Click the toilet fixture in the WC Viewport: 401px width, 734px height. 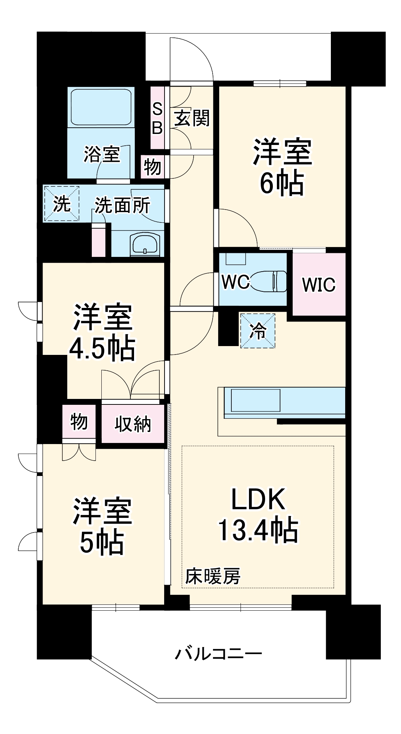(x=270, y=281)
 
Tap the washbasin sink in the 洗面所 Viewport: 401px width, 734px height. (x=145, y=244)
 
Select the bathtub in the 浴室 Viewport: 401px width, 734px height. (x=101, y=107)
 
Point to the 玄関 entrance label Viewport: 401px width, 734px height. (x=192, y=118)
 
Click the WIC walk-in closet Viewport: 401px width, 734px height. (x=319, y=284)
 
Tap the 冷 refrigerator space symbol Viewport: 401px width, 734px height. (x=258, y=331)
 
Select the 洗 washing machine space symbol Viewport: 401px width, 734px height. (x=62, y=204)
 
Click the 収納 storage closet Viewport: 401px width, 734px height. (x=133, y=424)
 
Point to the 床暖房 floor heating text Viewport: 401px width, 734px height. (x=213, y=577)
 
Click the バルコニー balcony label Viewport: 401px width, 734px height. (x=218, y=654)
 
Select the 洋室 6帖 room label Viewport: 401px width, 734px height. (x=282, y=167)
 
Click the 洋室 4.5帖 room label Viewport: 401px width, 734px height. (x=102, y=332)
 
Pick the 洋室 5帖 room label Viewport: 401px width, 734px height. (x=102, y=526)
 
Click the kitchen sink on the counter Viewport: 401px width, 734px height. (x=256, y=400)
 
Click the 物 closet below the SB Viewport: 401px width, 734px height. (x=152, y=167)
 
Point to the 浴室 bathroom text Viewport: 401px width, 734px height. (x=102, y=154)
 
